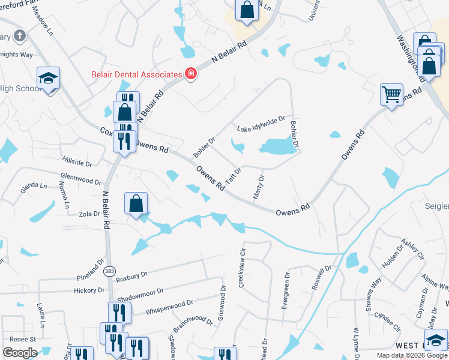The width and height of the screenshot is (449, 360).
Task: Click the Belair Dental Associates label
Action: click(x=136, y=74)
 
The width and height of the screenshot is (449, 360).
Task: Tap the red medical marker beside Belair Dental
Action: click(x=191, y=74)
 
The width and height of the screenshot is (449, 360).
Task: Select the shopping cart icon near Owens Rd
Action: click(x=391, y=94)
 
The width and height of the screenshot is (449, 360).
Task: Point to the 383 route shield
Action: click(x=109, y=271)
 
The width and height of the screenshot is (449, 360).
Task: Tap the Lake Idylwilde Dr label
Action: click(x=260, y=124)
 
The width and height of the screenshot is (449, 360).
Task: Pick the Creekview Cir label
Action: click(x=243, y=268)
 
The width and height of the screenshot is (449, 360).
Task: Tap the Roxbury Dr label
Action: click(x=131, y=275)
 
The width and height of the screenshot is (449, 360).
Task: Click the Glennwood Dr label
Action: click(x=81, y=178)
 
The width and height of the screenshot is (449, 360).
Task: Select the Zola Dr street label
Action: click(x=89, y=213)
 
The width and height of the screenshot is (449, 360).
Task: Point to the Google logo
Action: click(x=20, y=352)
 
